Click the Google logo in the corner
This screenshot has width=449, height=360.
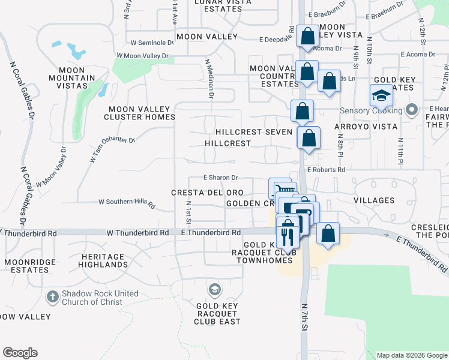(x=20, y=353)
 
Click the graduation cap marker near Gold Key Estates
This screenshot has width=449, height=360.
(x=381, y=95)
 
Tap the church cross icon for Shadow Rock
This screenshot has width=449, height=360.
(x=53, y=298)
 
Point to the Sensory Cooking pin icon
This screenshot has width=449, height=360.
(x=411, y=110)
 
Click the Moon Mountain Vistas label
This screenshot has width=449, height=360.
(x=72, y=78)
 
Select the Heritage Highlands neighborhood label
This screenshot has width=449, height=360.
(x=99, y=260)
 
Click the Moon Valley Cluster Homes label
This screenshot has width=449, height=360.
(x=141, y=113)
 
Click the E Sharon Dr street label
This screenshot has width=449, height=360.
(x=221, y=178)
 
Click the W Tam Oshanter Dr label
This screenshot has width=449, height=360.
(x=112, y=150)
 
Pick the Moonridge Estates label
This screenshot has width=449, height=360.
(x=26, y=266)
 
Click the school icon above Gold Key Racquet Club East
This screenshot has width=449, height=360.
(x=214, y=290)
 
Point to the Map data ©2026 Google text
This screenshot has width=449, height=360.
(x=411, y=355)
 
